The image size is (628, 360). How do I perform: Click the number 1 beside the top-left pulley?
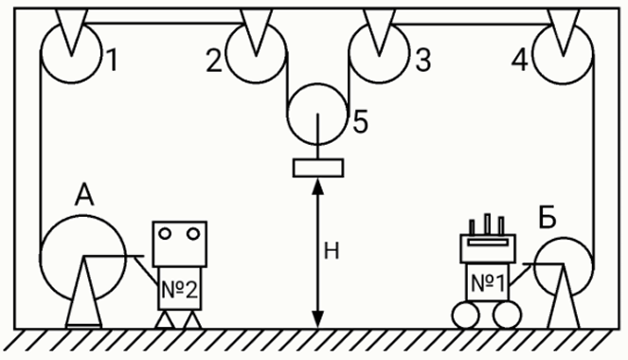[113, 60]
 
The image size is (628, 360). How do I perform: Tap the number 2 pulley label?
[214, 61]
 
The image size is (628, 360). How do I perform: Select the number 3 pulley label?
[423, 61]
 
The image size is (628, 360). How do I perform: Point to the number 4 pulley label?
[520, 61]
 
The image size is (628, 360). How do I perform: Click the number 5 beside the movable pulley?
[361, 121]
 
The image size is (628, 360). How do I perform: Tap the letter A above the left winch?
[84, 194]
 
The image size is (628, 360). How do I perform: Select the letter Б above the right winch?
[547, 217]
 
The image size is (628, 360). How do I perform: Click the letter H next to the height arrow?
[332, 251]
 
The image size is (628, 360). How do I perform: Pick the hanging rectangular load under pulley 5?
[318, 168]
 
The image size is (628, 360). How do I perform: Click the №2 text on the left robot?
[179, 290]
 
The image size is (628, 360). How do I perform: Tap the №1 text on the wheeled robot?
[488, 283]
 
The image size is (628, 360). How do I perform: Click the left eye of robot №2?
[166, 233]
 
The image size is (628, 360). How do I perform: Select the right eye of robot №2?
[193, 233]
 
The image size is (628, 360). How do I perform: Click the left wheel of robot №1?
[465, 315]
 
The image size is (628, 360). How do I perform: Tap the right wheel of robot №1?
[508, 315]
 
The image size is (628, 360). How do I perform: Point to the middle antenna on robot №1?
[488, 225]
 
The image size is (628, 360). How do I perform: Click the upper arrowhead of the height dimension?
[318, 187]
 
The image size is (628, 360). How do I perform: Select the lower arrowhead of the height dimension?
[318, 320]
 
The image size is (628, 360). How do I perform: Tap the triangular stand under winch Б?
[564, 297]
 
